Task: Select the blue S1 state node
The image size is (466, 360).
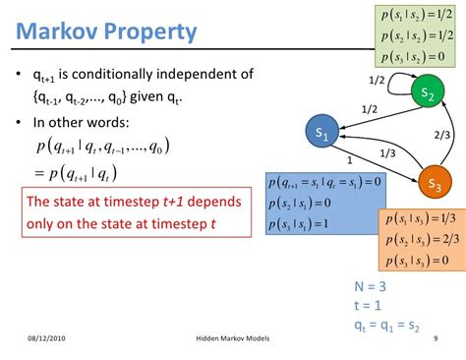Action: (322, 131)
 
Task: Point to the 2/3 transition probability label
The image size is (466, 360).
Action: (442, 138)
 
